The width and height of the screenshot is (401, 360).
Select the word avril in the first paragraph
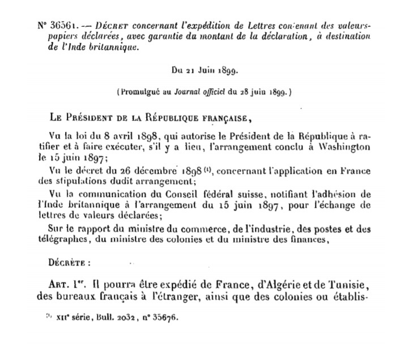point(118,136)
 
